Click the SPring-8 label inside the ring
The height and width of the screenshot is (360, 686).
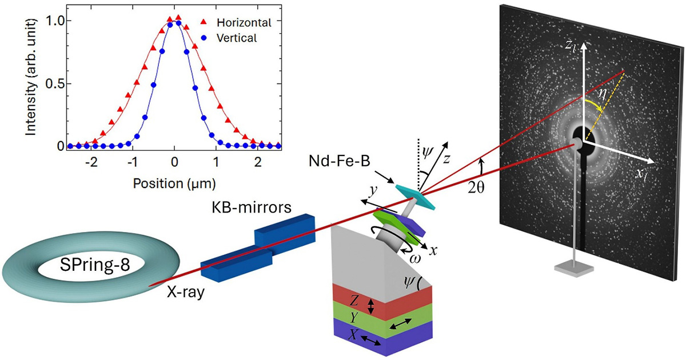point(95,265)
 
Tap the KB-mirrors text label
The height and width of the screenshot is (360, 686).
point(252,207)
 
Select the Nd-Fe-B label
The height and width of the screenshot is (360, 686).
point(340,161)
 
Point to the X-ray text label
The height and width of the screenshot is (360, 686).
point(186,293)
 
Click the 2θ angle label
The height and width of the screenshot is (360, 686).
point(476,188)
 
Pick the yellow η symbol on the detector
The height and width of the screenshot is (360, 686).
point(602,94)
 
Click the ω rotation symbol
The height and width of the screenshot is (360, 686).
point(415,259)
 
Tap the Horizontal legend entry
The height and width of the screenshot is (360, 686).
point(244,23)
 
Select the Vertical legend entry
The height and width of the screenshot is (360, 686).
point(237,38)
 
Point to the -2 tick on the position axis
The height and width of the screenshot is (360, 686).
point(91,162)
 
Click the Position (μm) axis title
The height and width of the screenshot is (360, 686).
point(174,183)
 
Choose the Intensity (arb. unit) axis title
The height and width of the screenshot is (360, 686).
point(31,77)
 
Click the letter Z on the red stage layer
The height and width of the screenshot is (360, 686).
point(354,301)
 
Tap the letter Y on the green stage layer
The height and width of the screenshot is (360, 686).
point(354,318)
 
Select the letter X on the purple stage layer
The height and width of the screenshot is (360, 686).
point(353,335)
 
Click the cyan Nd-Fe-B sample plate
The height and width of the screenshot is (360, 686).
point(416,197)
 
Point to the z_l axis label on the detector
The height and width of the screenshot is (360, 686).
point(571,46)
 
